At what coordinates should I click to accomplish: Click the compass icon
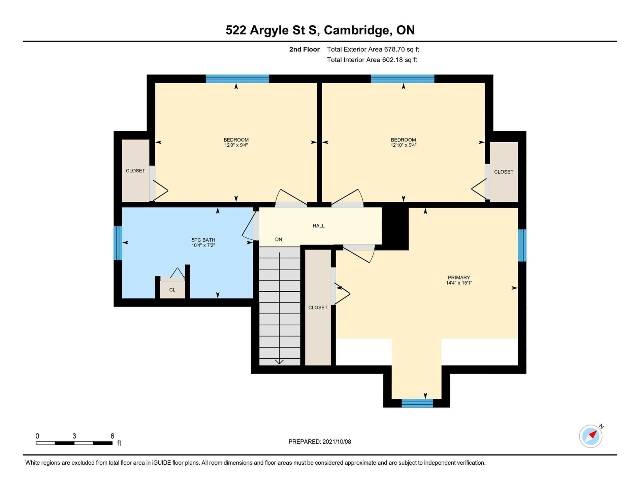coord(591,436)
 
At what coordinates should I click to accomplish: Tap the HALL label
coord(318,226)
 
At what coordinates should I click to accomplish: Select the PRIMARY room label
coord(459,278)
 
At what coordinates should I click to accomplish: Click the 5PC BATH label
coord(203,240)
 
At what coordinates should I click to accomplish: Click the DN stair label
coord(279,239)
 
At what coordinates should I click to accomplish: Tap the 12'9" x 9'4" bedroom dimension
coord(236,145)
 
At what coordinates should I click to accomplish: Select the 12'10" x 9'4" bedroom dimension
coord(403,145)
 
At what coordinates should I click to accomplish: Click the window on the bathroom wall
coord(118,243)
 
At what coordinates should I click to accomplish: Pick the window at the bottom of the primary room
coord(417,403)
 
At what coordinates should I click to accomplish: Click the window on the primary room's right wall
coord(522,245)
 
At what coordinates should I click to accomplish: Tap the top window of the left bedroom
coord(237,79)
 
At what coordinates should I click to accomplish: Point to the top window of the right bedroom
coord(403,79)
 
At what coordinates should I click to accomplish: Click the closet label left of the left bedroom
coord(135,171)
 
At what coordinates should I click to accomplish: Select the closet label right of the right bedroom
coord(504,172)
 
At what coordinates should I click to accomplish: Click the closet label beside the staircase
coord(318,308)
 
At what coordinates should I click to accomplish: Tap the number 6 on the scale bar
coord(113,436)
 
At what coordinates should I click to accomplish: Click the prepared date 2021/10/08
coord(337,442)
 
